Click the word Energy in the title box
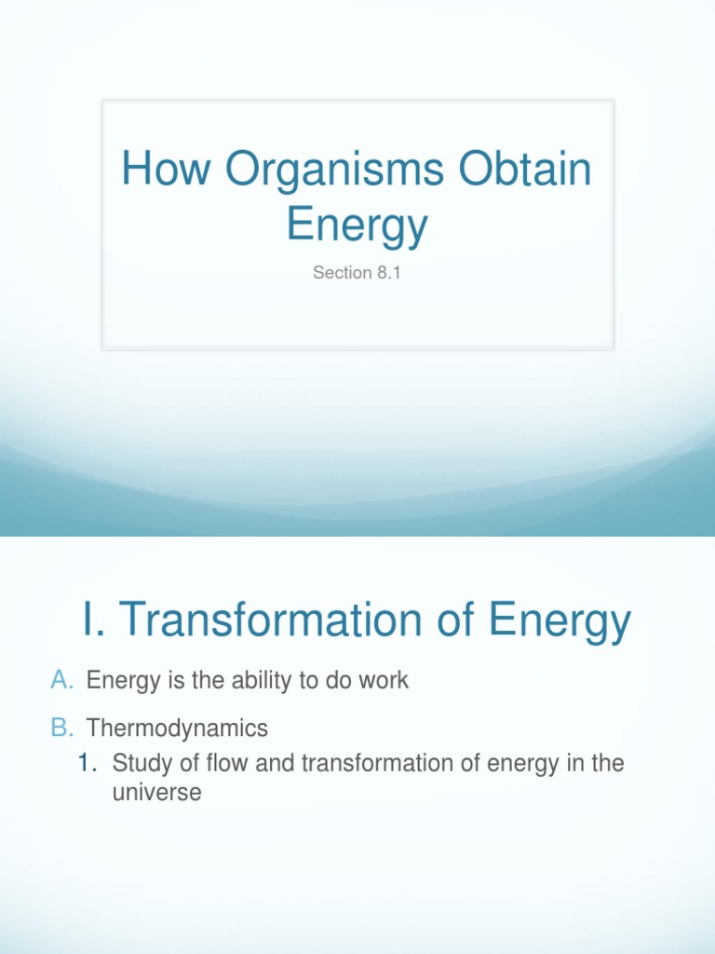pyautogui.click(x=357, y=225)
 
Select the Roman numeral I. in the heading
pyautogui.click(x=94, y=620)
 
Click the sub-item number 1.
pyautogui.click(x=88, y=764)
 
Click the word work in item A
pyautogui.click(x=384, y=680)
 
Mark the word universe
pyautogui.click(x=156, y=795)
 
